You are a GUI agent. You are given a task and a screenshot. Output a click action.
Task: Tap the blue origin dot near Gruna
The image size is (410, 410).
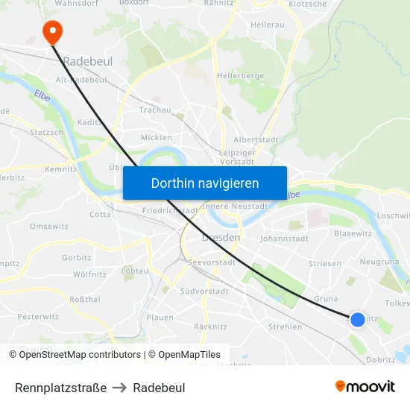click(x=358, y=319)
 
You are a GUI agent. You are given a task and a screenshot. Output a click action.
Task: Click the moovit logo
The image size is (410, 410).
click(x=365, y=387)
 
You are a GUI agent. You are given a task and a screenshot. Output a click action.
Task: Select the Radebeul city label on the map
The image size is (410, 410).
click(x=87, y=61)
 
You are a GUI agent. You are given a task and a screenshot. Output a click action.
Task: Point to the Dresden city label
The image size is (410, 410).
click(x=221, y=237)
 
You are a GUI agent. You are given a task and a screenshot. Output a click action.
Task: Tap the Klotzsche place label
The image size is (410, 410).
click(x=307, y=4)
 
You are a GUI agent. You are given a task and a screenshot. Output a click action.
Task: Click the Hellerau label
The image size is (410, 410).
click(x=268, y=25)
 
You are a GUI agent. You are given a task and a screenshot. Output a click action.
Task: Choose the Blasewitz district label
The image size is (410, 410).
click(x=353, y=233)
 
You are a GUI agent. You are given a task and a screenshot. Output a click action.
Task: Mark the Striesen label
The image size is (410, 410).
click(x=325, y=264)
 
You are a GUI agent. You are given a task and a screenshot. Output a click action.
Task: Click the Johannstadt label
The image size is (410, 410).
click(x=284, y=239)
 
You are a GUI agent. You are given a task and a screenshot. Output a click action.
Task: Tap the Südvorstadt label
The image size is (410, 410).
click(x=204, y=291)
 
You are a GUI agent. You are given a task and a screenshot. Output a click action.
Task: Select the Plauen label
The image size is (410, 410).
click(x=160, y=318)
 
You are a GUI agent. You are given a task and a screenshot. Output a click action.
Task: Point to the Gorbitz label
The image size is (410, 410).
click(x=77, y=257)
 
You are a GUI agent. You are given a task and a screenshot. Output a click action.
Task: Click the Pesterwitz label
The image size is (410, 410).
click(x=38, y=316)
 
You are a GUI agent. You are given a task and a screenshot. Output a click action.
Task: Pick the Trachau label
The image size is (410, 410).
click(x=155, y=110)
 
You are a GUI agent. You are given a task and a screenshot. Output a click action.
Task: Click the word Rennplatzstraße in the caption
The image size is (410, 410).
click(x=60, y=388)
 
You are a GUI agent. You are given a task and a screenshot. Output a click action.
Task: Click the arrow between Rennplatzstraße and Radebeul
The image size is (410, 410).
click(x=120, y=388)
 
